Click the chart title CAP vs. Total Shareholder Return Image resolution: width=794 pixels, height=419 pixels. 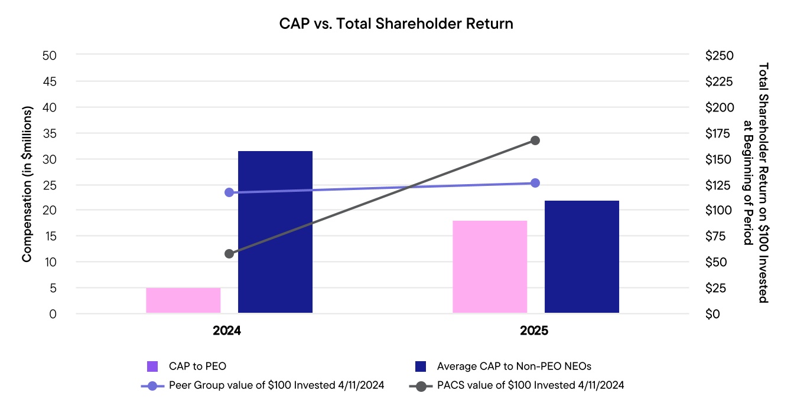point(396,24)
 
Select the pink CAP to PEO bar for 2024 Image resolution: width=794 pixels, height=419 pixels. point(183,300)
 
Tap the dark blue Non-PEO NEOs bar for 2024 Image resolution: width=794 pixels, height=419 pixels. point(275,232)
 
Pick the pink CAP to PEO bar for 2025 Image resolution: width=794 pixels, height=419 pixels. point(490,267)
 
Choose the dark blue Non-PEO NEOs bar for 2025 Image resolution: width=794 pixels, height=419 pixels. point(581,257)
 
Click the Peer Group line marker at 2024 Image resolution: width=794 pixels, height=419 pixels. point(229,192)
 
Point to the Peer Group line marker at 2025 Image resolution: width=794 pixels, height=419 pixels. point(535,183)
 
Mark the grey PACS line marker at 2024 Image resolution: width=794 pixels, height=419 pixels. point(229,254)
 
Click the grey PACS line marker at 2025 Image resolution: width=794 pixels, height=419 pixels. point(535,140)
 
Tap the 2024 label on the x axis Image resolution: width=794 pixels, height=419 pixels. point(227,331)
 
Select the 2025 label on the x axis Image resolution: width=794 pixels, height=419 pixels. point(534,331)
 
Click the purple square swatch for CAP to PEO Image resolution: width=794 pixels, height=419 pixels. point(152,366)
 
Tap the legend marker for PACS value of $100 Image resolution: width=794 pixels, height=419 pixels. point(421,386)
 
